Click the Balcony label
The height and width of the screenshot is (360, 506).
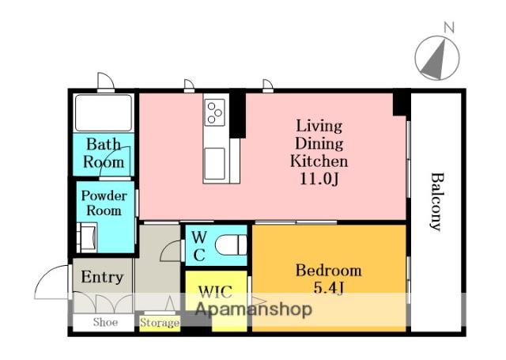coord(437,202)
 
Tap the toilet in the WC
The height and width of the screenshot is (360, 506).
coord(231,244)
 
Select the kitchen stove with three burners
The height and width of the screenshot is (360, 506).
coord(214,112)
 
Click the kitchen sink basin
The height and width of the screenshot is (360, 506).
coord(214,163)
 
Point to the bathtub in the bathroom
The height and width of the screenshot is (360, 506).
coord(104,112)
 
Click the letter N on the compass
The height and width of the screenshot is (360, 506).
coord(449,27)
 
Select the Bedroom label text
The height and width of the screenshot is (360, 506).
coord(329,271)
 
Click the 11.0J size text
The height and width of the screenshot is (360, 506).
coord(319,179)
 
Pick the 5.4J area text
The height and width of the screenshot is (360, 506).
coord(329,288)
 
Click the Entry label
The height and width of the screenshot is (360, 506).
coord(102,277)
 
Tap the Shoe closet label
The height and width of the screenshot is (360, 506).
coord(105,322)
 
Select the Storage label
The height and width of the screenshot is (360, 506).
coord(160,323)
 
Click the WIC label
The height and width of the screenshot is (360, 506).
coord(215,292)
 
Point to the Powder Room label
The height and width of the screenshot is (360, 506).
coord(104,203)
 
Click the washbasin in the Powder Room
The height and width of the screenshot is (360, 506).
coord(89,237)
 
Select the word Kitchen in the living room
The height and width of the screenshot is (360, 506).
coord(319,161)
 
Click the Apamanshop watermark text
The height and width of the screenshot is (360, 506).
coord(254,309)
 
